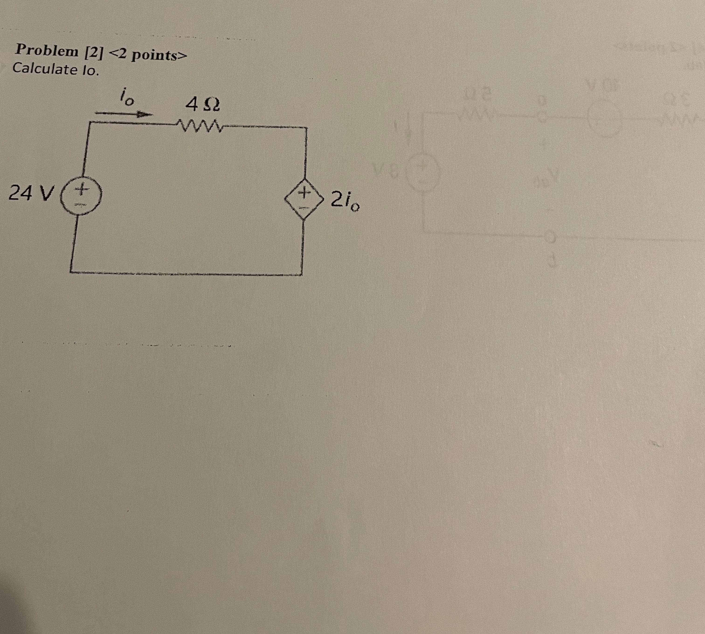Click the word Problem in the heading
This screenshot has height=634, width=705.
(x=47, y=51)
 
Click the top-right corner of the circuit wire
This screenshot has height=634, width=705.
(x=306, y=128)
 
